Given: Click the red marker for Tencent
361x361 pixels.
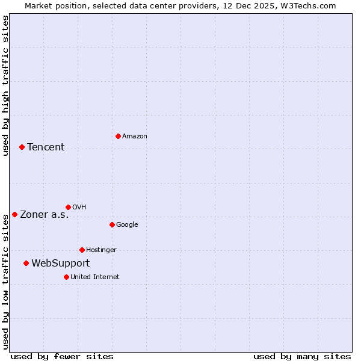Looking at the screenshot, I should (22, 147).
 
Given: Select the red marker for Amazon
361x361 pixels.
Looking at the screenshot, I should (118, 136).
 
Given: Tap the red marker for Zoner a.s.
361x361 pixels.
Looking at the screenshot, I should (14, 214).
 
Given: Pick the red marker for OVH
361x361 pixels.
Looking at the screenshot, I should (68, 207).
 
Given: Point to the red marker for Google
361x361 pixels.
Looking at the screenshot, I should (112, 224).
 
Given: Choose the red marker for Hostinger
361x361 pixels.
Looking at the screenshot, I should (82, 250).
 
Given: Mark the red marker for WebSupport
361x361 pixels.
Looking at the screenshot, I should (26, 263).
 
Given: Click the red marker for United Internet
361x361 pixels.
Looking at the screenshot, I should (66, 277).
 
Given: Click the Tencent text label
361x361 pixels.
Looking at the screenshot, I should (46, 147).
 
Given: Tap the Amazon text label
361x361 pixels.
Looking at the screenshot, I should (135, 137).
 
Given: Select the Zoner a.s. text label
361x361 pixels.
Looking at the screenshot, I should (45, 215).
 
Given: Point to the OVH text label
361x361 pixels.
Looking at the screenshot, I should (79, 208).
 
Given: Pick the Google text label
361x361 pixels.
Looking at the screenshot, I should (127, 225).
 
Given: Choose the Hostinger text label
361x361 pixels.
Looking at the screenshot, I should (101, 250).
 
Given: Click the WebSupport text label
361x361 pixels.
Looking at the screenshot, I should (60, 264).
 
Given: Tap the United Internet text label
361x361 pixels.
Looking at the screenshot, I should (94, 277).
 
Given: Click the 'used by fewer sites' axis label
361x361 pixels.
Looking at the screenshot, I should (62, 356).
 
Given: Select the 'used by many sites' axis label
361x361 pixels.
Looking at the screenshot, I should (302, 356).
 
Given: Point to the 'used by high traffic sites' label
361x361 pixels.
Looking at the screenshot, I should (5, 85).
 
